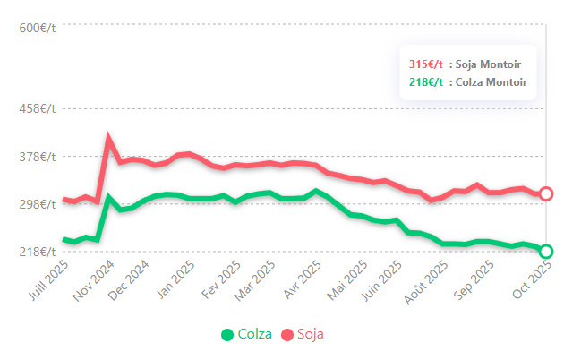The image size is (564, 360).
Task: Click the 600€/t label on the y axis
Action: tap(37, 28)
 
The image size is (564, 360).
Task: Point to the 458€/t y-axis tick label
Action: tap(37, 109)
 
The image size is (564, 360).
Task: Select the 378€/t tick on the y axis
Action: tap(37, 157)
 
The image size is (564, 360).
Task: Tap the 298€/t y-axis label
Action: tap(37, 204)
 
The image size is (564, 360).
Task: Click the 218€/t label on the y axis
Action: tap(37, 252)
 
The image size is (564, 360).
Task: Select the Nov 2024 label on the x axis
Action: tap(96, 280)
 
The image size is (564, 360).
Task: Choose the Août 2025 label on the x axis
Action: tap(429, 280)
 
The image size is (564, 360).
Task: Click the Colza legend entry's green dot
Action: tap(227, 335)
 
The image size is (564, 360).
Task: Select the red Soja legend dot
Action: tap(287, 335)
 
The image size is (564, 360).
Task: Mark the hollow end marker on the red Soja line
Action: tap(546, 193)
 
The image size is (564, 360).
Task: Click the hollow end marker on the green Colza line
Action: tap(546, 252)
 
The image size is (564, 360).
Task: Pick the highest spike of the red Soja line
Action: tap(108, 138)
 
